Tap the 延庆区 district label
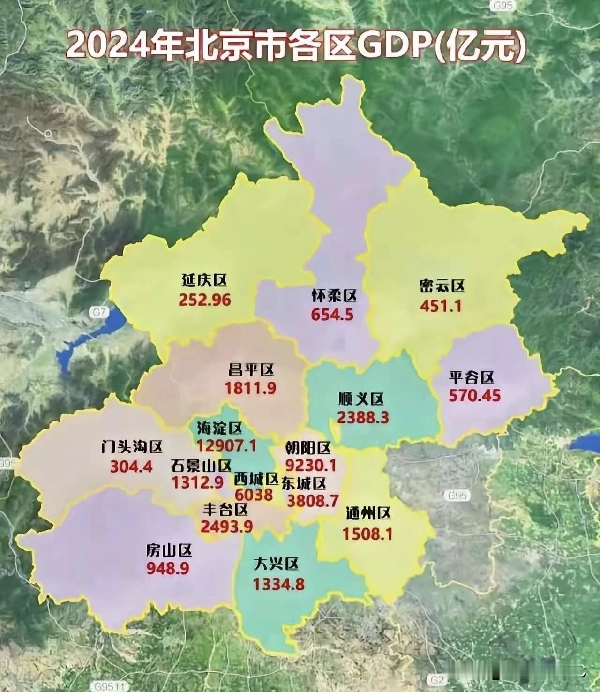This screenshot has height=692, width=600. coord(204,280)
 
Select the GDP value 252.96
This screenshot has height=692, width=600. coord(205,300)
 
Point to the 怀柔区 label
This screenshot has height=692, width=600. coord(334,295)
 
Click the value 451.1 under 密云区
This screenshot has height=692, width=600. coord(441,306)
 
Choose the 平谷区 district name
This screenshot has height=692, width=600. coord(472,377)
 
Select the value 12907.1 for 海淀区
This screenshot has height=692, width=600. coord(226,445)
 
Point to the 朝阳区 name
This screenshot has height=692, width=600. coord(308,448)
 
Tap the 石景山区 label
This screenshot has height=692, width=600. coord(201,465)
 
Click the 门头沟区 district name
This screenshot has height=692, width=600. coord(132,447)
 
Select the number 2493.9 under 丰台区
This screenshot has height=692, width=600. coord(226,526)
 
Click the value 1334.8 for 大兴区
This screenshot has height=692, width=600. coord(278,584)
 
